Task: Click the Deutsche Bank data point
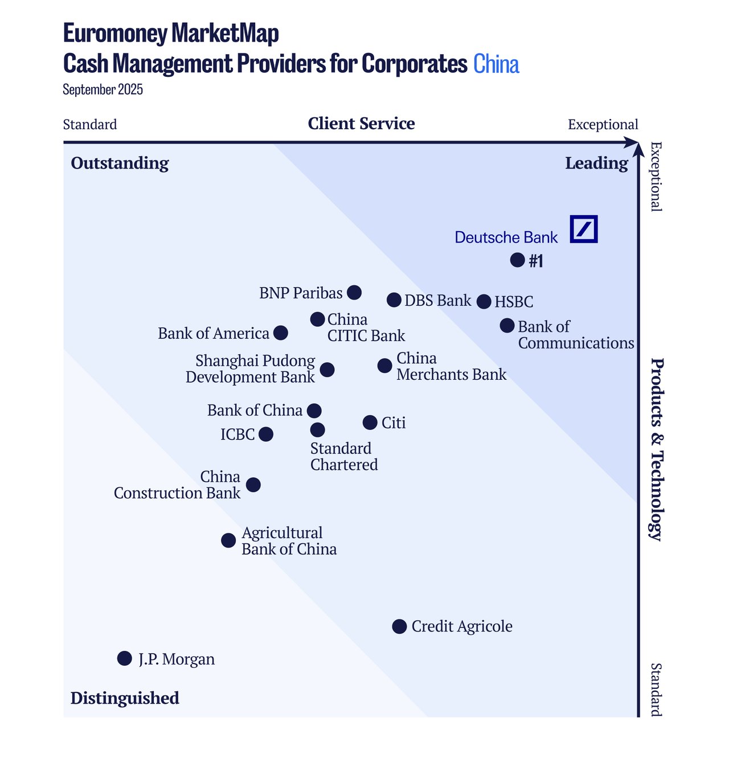tap(517, 260)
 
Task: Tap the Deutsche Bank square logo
tap(584, 229)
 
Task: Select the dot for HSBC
tap(484, 302)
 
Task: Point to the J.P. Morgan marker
tap(124, 658)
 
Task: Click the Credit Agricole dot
tap(400, 626)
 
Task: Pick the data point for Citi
tap(370, 423)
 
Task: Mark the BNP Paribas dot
tap(354, 293)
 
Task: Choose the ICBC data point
tap(266, 434)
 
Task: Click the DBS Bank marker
tap(394, 300)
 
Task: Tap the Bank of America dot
tap(281, 333)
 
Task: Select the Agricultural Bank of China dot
tap(228, 540)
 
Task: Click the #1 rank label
tap(536, 261)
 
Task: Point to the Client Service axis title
tap(361, 124)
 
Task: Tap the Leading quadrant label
tap(596, 163)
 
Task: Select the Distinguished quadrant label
tap(125, 698)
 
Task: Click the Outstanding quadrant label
tap(120, 163)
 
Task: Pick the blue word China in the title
tap(496, 64)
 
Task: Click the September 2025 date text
tap(103, 90)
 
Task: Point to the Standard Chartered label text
tap(343, 457)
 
